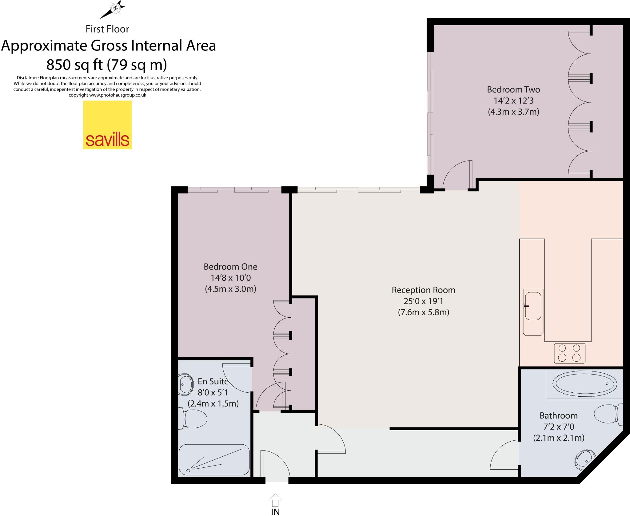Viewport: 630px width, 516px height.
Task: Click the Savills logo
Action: tap(107, 125)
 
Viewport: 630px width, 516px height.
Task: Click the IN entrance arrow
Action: tap(275, 500)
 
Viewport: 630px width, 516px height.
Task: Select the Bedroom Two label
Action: tap(513, 89)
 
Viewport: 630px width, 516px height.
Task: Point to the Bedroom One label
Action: tap(230, 267)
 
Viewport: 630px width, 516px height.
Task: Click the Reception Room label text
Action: tap(423, 290)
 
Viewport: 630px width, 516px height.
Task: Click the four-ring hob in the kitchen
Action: tap(569, 353)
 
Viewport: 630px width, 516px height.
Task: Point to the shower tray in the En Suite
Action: tap(214, 460)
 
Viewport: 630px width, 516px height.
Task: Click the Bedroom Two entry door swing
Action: tap(457, 175)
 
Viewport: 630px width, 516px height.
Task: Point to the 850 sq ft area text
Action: tap(106, 65)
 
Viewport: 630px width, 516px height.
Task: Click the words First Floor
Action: tap(107, 29)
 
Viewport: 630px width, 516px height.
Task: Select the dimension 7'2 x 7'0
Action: tap(558, 427)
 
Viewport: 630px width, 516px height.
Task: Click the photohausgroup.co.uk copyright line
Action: tap(107, 95)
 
